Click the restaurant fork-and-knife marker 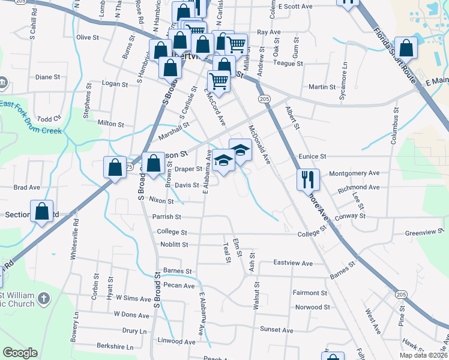pyautogui.click(x=308, y=179)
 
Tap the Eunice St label pyautogui.click(x=312, y=156)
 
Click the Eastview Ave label pyautogui.click(x=293, y=263)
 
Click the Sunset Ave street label pyautogui.click(x=276, y=330)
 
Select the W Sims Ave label pyautogui.click(x=133, y=298)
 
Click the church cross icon pyautogui.click(x=43, y=298)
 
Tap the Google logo pyautogui.click(x=20, y=353)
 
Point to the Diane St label pyautogui.click(x=48, y=77)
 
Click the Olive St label pyautogui.click(x=88, y=37)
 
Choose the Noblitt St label pyautogui.click(x=174, y=244)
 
